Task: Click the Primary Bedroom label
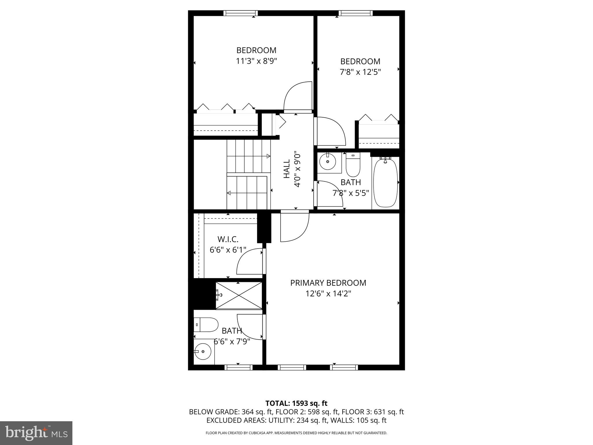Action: point(328,283)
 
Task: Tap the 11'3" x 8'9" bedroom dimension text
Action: point(256,61)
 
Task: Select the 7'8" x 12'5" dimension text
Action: point(360,72)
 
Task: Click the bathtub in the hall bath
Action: point(385,183)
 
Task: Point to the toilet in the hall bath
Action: point(353,165)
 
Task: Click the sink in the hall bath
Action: point(328,162)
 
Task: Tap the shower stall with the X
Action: point(239,296)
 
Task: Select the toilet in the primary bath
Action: point(205,325)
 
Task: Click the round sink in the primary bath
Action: point(202,351)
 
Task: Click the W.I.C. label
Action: point(228,239)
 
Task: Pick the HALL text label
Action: point(287,169)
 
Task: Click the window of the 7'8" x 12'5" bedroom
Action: point(356,13)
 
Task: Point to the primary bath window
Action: point(239,367)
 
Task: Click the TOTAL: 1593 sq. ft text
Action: point(296,403)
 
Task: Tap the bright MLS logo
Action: point(36,433)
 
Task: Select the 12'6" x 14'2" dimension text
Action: point(328,294)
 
